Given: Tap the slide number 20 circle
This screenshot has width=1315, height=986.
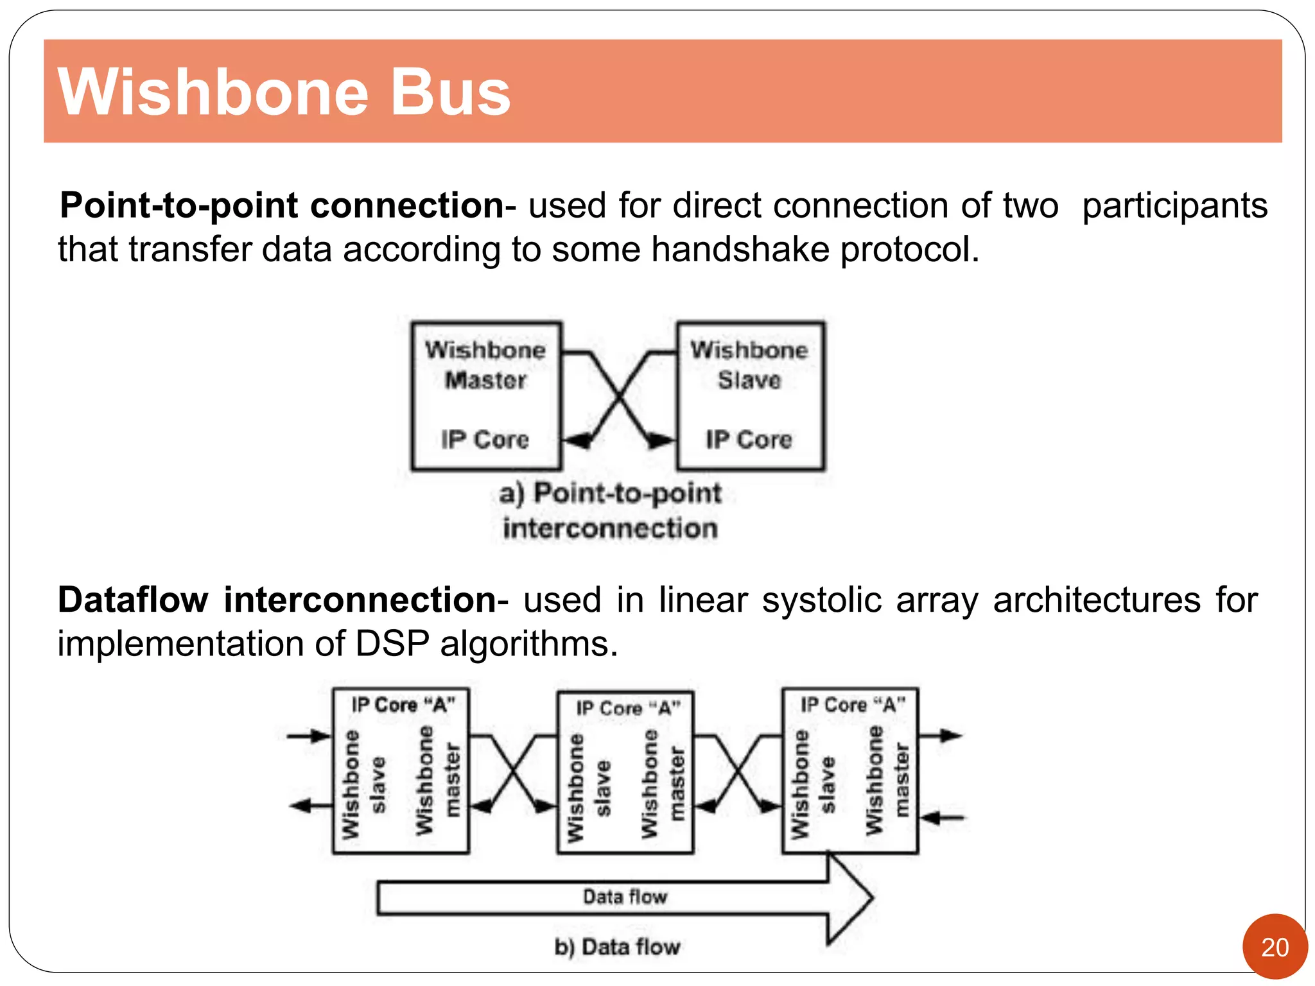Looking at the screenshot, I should tap(1275, 947).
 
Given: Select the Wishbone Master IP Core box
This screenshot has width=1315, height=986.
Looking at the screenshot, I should tap(486, 396).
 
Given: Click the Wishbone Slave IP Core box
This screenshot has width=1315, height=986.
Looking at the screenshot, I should tap(750, 396).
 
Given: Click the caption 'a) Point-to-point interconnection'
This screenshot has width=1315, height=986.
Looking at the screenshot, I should tap(610, 511).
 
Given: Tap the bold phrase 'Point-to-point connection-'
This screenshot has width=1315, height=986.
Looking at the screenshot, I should tap(287, 206).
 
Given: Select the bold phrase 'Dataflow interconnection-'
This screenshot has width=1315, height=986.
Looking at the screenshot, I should tap(283, 601).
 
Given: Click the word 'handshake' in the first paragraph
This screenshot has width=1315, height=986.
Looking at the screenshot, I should tap(740, 250).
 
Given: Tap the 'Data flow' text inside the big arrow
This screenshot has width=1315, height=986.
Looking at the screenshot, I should tap(625, 897).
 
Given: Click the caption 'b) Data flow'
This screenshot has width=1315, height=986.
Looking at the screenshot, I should tap(616, 947).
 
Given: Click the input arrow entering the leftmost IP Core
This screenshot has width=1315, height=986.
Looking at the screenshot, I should tap(309, 736).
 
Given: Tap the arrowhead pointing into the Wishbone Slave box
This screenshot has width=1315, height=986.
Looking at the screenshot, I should tap(661, 441).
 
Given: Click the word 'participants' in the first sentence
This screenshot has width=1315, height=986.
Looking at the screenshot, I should tap(1174, 206).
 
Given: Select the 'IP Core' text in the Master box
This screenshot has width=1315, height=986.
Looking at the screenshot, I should tap(485, 440).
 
